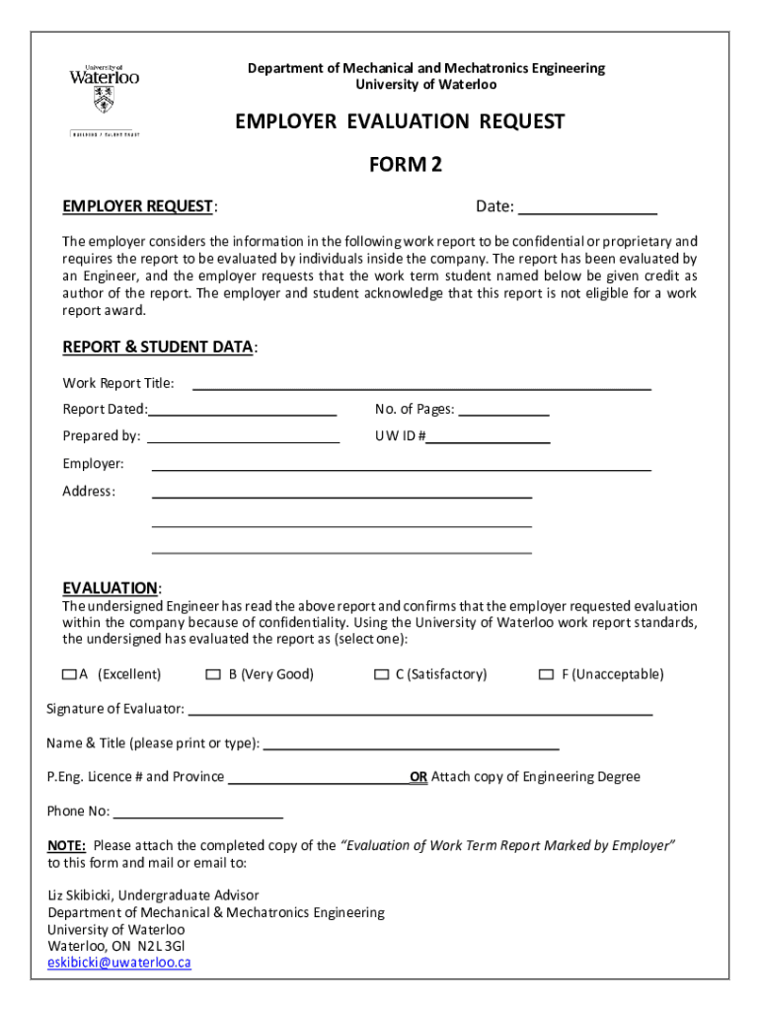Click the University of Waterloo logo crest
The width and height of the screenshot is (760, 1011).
(104, 99)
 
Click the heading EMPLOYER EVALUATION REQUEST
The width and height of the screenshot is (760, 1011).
(400, 121)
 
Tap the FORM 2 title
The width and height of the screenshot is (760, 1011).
(405, 165)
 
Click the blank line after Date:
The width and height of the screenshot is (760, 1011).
(587, 207)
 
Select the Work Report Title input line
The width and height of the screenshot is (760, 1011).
(421, 384)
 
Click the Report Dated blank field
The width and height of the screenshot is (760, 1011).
(243, 410)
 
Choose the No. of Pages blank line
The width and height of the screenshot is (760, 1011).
(503, 410)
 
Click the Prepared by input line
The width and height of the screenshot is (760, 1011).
(243, 436)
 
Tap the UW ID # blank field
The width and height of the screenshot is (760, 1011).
(488, 436)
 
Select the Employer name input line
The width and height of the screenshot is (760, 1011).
(401, 464)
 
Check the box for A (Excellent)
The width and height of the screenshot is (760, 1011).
(68, 675)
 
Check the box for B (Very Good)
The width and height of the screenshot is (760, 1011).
(213, 675)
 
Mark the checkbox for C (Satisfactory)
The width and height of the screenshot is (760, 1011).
(381, 675)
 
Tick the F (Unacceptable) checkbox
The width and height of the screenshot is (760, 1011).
(546, 675)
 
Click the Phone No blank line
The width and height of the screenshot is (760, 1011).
(197, 813)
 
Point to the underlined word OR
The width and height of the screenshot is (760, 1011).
(418, 777)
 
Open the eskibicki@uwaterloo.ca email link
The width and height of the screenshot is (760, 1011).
(119, 964)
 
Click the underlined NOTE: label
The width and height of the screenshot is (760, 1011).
(67, 846)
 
